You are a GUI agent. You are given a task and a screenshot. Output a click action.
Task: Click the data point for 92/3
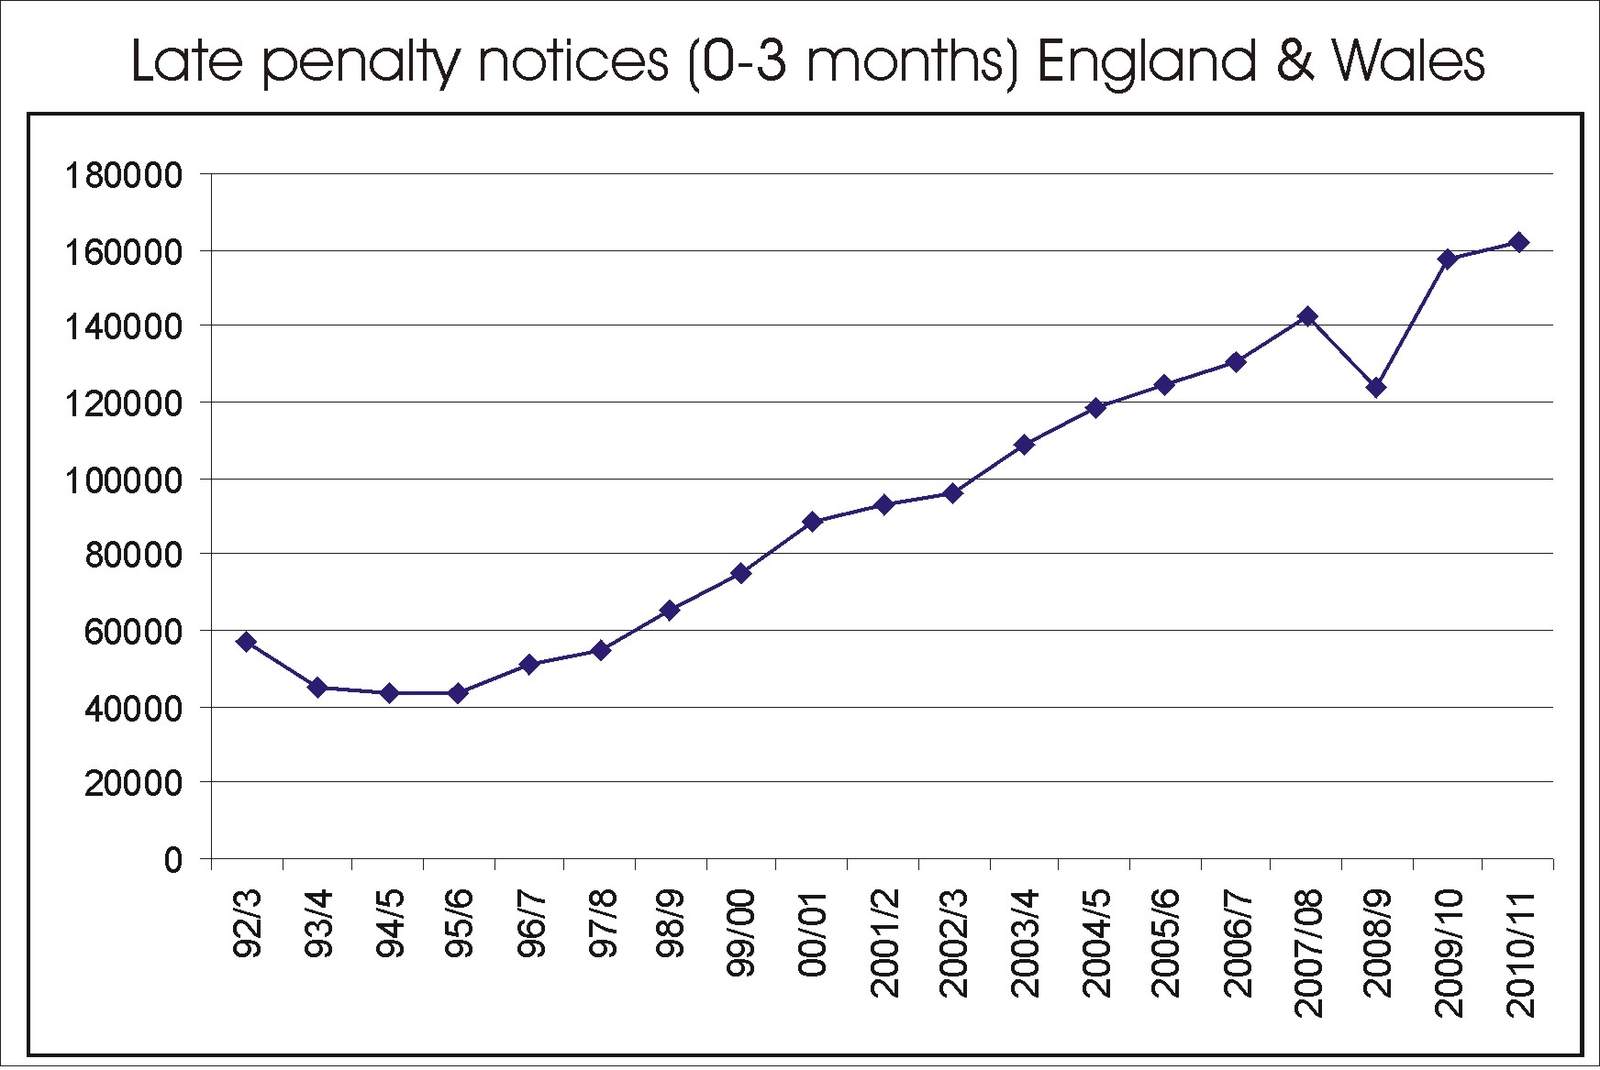click(246, 642)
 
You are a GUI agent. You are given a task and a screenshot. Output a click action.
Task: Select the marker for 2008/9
click(1376, 388)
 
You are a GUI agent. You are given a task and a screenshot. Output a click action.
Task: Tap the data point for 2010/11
click(1518, 242)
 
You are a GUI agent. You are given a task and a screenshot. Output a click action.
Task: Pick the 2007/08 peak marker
click(1307, 317)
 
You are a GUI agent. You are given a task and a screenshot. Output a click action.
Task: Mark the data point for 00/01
click(812, 522)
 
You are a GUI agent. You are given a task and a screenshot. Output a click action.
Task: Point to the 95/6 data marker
click(459, 693)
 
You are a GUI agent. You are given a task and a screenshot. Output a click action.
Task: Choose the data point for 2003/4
click(1025, 445)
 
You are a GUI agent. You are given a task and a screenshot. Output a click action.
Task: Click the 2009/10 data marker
click(1449, 259)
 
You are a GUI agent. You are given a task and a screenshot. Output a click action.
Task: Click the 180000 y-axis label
click(123, 175)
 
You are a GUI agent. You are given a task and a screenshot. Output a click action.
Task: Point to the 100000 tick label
click(123, 480)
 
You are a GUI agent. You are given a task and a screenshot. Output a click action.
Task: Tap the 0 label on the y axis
click(173, 860)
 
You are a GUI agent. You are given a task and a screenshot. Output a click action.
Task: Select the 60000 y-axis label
click(133, 632)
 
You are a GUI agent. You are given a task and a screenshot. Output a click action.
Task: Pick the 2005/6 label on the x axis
click(1165, 942)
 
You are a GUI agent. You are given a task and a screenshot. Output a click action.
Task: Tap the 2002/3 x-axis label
click(954, 942)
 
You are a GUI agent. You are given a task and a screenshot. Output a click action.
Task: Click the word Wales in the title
click(1407, 61)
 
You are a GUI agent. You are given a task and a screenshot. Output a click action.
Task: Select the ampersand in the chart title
click(1294, 61)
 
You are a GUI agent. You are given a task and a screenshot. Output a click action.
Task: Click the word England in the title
click(1146, 61)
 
